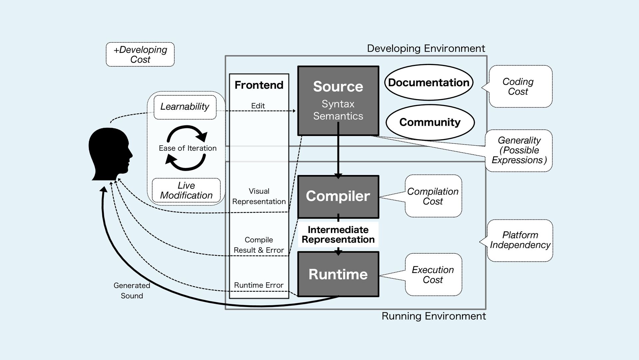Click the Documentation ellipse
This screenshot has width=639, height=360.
429,82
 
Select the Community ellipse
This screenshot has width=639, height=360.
430,122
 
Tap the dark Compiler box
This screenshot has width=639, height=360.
338,196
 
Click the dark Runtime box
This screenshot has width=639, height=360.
338,274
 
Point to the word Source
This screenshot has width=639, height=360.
338,87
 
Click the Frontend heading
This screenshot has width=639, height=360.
259,85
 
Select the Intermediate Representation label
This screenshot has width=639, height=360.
338,235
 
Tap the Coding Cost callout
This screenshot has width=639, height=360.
520,87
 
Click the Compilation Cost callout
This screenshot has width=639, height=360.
433,196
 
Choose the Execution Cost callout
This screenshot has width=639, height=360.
433,275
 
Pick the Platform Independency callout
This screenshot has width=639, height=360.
520,240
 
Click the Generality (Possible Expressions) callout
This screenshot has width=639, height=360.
519,150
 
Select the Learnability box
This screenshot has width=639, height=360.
185,107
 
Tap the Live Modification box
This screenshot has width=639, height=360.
186,190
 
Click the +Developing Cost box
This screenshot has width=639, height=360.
140,54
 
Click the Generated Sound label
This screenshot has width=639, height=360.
132,291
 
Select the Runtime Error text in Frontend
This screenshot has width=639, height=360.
259,285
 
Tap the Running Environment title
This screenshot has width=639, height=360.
434,316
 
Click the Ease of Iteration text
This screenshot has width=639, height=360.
188,148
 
